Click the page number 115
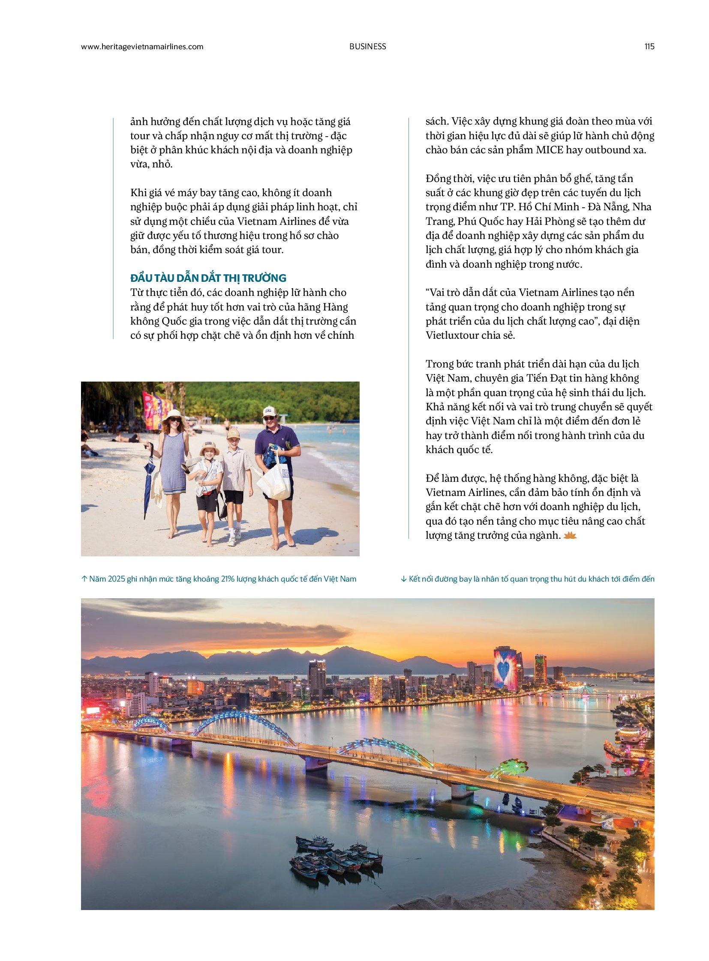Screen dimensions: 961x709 (649, 47)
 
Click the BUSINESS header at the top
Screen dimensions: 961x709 (367, 47)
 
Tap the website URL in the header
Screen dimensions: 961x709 (142, 47)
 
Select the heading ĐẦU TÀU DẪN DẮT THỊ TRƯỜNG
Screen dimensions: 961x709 (208, 278)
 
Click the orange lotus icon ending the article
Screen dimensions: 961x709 (570, 535)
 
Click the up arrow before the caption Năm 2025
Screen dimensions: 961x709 (84, 579)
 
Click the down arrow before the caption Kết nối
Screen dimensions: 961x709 (403, 579)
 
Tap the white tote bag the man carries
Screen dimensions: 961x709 (273, 481)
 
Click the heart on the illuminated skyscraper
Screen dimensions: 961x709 (503, 668)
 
